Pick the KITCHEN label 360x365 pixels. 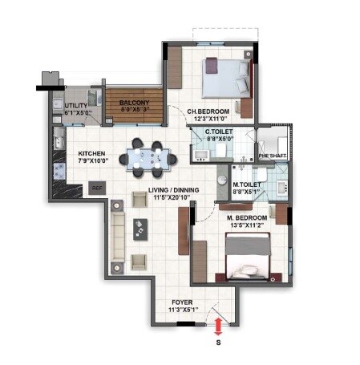tap(92, 154)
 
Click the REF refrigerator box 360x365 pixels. tap(97, 189)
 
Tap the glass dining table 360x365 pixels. tap(150, 157)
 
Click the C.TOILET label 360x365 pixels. tap(219, 131)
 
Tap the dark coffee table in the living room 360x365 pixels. tap(142, 229)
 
